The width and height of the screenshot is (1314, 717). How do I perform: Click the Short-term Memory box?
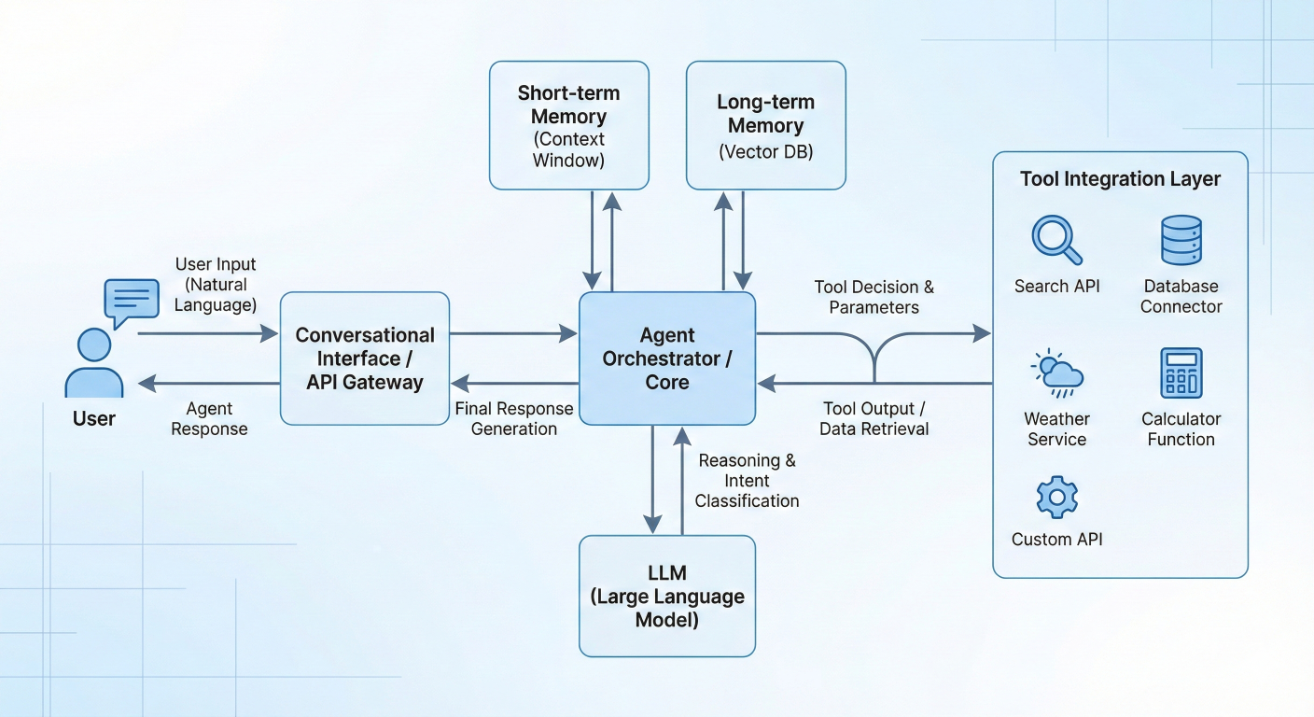(568, 126)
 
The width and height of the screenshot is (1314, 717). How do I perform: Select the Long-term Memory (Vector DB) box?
(765, 126)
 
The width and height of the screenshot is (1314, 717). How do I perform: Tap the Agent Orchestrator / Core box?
(666, 358)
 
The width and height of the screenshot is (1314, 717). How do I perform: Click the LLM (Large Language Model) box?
(666, 596)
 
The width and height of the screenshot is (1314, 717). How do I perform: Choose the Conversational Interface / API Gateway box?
(365, 358)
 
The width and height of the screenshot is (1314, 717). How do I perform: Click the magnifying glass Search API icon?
(1056, 240)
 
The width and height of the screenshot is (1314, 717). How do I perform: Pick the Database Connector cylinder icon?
(1181, 240)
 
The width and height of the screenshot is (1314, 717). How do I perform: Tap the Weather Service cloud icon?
(1056, 373)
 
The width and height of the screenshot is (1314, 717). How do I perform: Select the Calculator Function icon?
(1181, 373)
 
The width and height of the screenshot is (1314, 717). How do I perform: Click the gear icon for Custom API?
(1056, 498)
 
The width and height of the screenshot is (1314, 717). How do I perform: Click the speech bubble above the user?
(132, 302)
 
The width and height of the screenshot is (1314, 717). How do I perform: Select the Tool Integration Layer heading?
(1120, 179)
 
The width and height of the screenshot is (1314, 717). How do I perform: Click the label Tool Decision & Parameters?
(874, 297)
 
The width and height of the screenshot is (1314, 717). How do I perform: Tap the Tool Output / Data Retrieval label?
(874, 418)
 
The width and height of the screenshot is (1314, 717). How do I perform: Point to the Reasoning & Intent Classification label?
(747, 480)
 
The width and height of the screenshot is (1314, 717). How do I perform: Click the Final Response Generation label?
(514, 418)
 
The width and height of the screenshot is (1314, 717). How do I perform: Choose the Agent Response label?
(209, 418)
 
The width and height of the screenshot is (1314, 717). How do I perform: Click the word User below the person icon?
(93, 418)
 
